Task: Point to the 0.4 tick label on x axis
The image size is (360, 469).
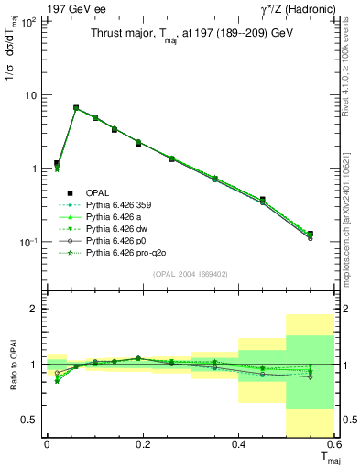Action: click(x=239, y=445)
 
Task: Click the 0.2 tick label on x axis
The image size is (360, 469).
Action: click(x=143, y=445)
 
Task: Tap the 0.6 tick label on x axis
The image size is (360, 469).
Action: click(x=334, y=445)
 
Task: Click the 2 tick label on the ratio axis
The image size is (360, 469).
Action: click(x=36, y=310)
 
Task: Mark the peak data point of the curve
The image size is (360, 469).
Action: click(x=76, y=108)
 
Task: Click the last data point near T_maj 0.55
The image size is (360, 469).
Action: click(x=310, y=234)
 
